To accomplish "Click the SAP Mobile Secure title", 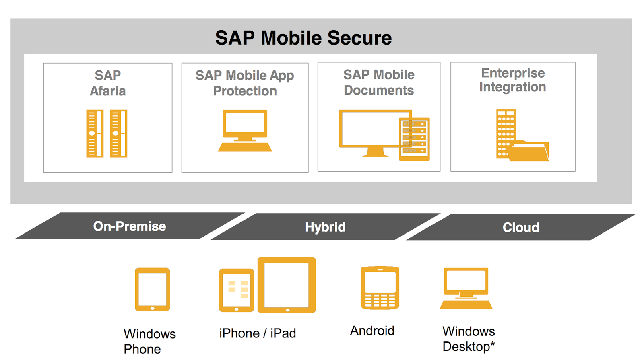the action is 303,38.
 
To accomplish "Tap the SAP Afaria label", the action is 108,83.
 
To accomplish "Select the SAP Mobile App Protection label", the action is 245,83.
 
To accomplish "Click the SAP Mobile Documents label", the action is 379,82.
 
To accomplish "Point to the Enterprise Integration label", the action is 513,80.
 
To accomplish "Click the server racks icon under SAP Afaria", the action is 107,133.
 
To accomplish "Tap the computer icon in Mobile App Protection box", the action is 245,130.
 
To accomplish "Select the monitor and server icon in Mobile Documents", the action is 384,135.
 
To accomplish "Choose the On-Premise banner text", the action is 130,226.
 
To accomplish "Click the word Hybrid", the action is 325,227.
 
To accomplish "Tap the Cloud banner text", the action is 521,228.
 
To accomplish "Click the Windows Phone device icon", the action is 153,290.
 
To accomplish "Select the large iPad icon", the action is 287,285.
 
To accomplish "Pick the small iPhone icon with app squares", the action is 236,290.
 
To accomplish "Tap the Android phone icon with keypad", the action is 380,288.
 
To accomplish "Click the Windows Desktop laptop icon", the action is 466,288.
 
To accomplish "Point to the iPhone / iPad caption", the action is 258,333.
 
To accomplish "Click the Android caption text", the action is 372,331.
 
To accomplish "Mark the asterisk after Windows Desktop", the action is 492,343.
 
